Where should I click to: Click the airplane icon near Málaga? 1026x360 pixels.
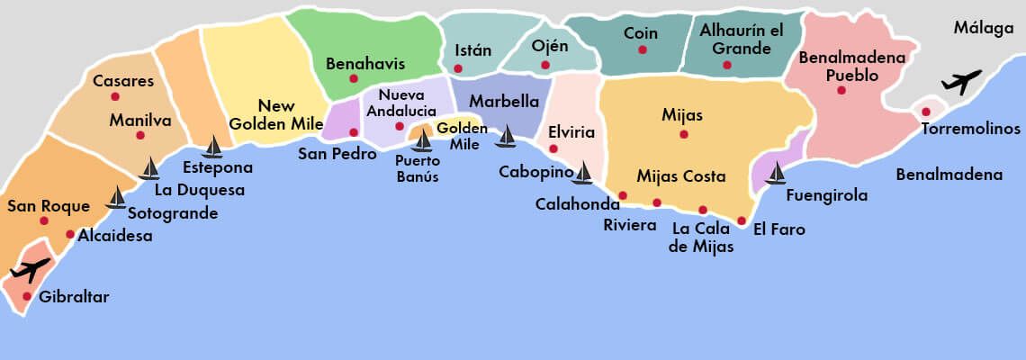(x=961, y=83)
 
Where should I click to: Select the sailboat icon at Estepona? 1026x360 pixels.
(x=212, y=147)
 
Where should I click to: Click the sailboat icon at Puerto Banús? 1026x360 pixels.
(x=421, y=140)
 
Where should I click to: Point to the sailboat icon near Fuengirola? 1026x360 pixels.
(x=775, y=173)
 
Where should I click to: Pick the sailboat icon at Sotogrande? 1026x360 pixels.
(x=116, y=197)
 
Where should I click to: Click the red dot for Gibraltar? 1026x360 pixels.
(x=27, y=296)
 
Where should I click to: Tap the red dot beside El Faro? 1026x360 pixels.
(x=742, y=220)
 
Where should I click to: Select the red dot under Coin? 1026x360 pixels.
(x=642, y=49)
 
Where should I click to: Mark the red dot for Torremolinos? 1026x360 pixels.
(x=925, y=112)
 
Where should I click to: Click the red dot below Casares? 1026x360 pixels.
(x=115, y=96)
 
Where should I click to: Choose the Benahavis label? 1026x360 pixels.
(x=365, y=64)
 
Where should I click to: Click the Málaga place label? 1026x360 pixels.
(x=984, y=28)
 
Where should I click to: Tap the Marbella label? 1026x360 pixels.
(x=504, y=101)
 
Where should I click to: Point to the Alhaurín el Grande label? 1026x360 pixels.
(x=742, y=39)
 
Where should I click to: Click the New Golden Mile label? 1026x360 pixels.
(x=271, y=114)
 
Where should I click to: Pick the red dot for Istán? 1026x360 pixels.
(x=458, y=68)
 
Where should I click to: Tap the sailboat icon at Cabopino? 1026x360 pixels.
(x=582, y=172)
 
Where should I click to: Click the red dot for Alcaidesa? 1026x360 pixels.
(x=70, y=234)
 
